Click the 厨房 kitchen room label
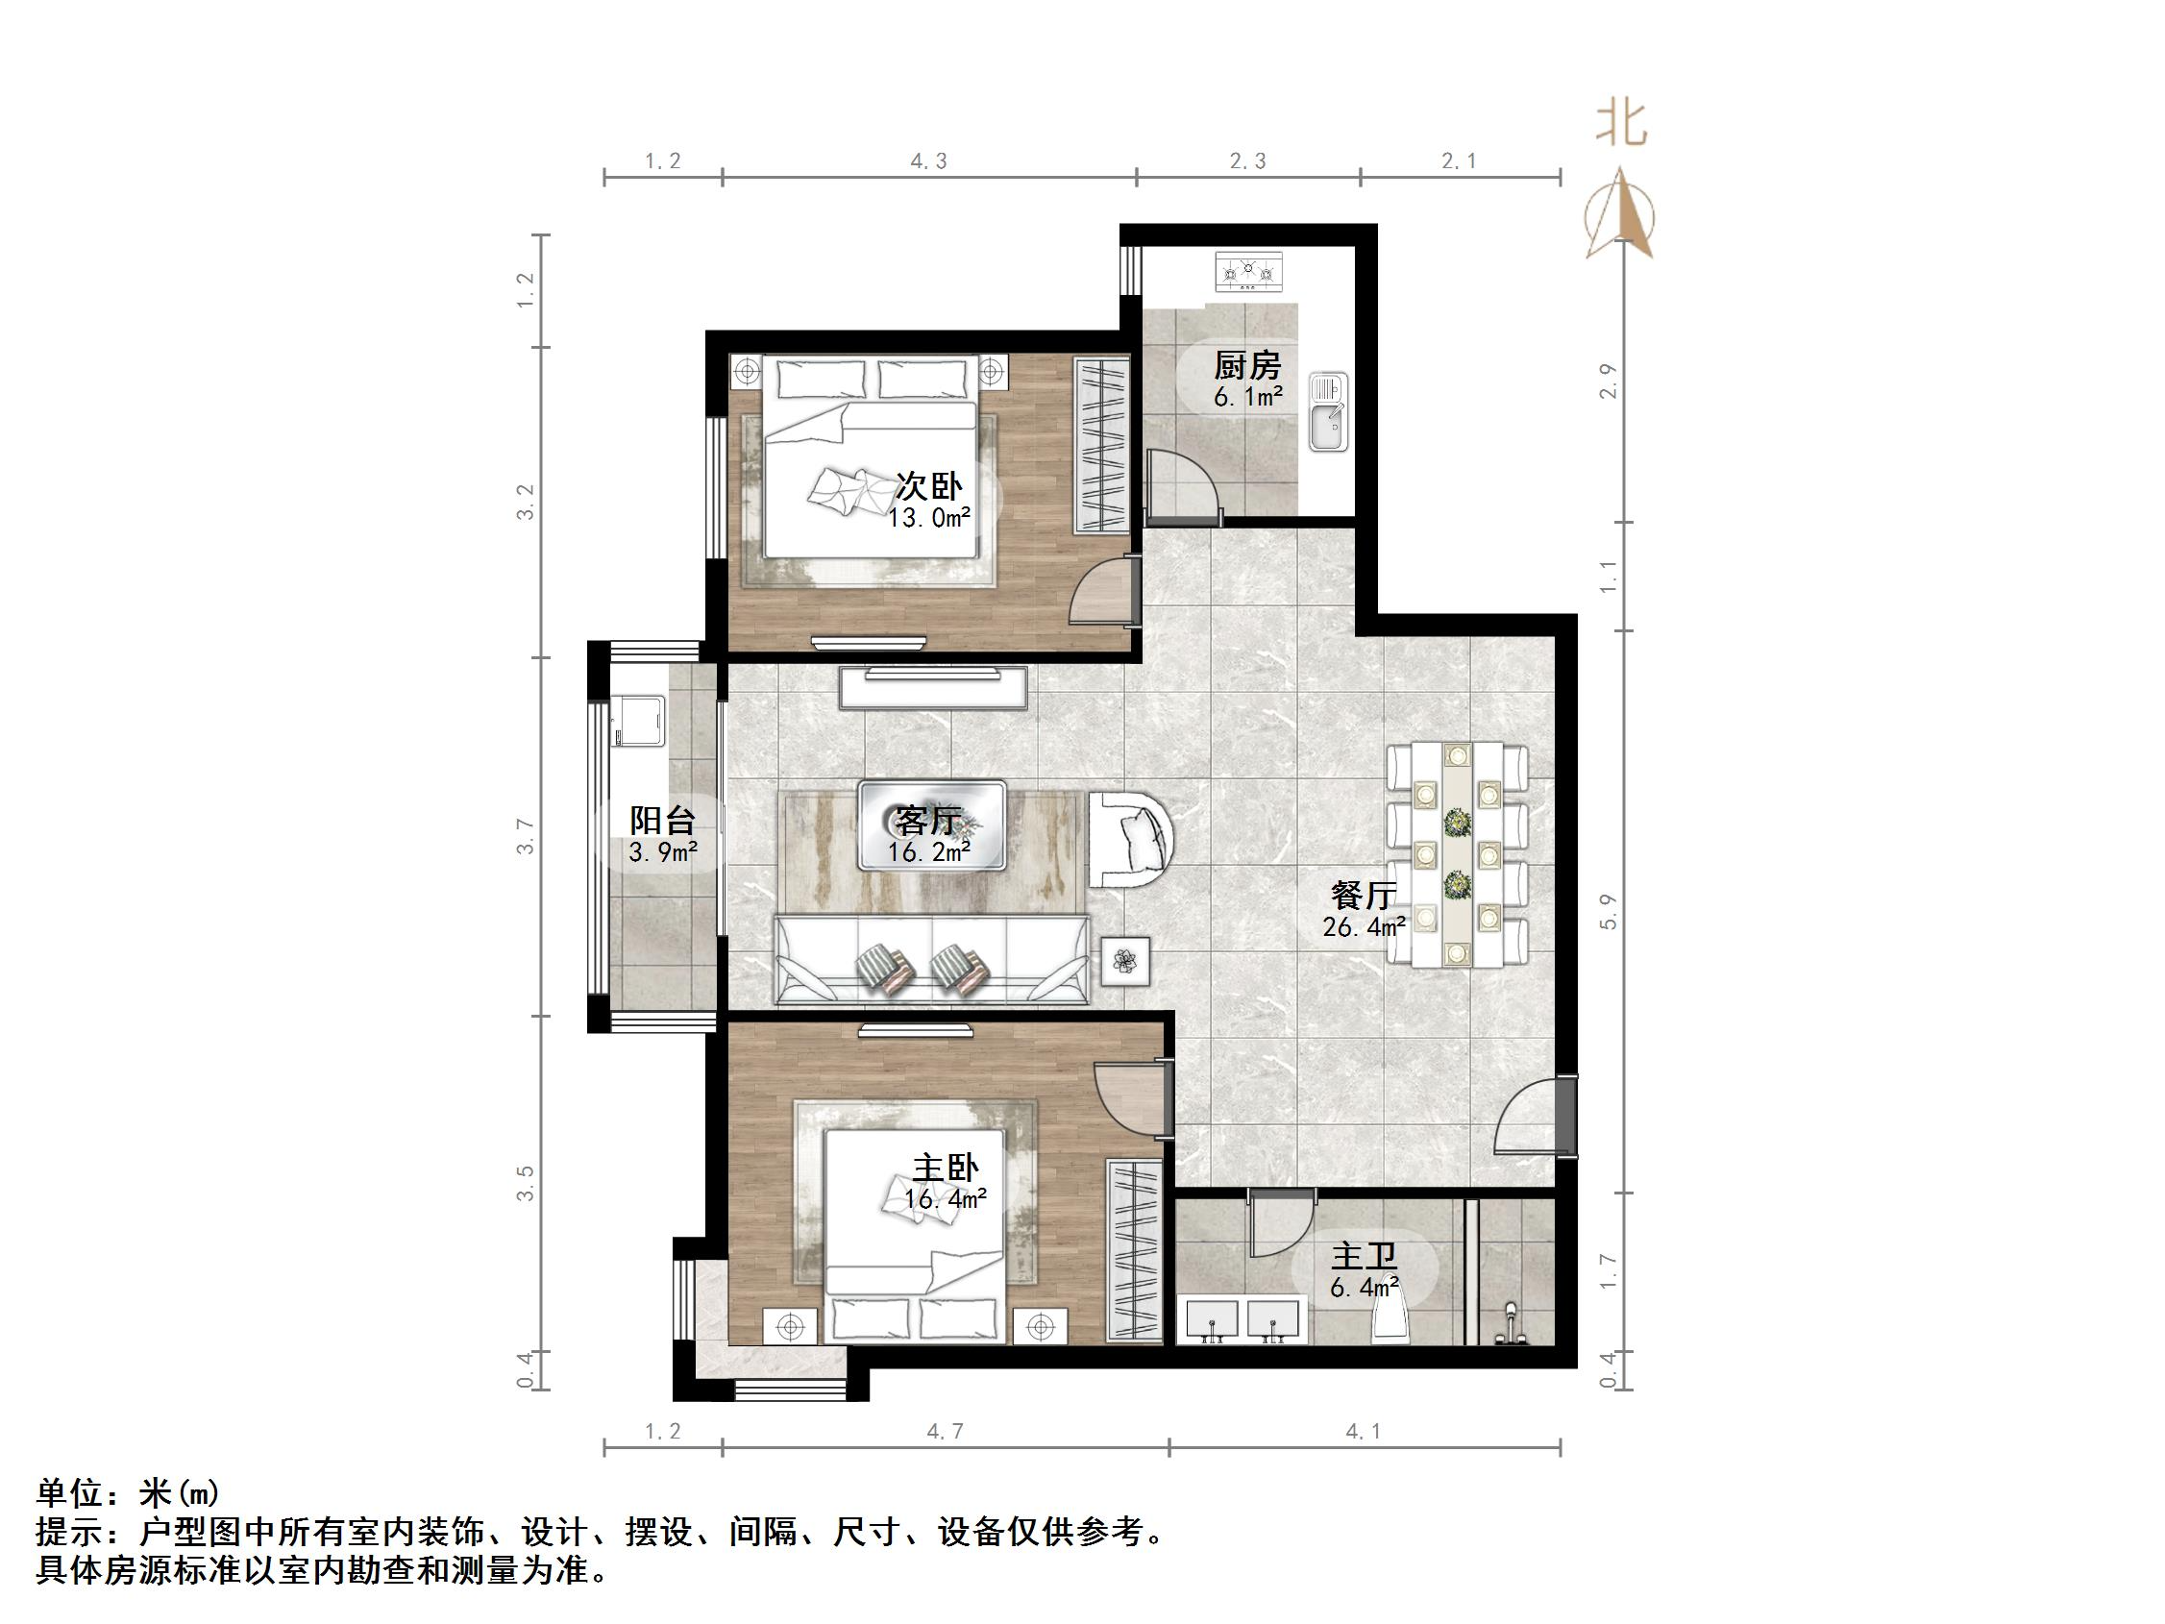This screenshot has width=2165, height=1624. coord(1247,366)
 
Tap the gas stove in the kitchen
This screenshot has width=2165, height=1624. coord(1248,271)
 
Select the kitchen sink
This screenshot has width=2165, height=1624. coord(1328,412)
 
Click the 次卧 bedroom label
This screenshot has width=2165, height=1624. coord(929,485)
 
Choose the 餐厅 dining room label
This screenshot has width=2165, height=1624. coord(1364,895)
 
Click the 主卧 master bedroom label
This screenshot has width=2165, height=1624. coord(945,1168)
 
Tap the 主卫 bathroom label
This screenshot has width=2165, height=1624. coord(1364,1256)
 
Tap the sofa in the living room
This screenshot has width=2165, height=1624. coord(931,959)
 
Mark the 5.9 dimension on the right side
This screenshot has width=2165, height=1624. coord(1608,911)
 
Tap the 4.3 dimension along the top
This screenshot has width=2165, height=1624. coord(929,161)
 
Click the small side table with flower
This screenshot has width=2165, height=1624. coord(1125,961)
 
